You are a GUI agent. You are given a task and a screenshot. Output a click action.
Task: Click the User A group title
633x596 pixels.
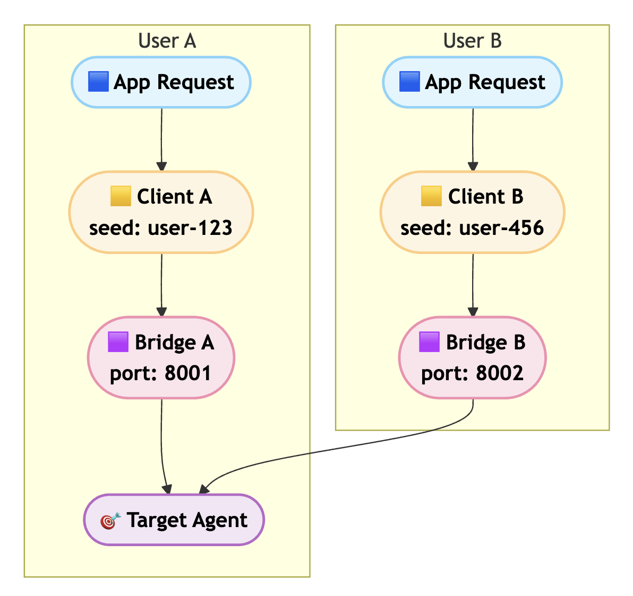click(167, 41)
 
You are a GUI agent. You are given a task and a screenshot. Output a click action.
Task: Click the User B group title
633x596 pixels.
click(472, 41)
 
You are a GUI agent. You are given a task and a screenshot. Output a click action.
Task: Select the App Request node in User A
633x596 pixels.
click(161, 82)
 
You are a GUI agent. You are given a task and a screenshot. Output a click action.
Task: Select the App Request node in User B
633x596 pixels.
click(472, 82)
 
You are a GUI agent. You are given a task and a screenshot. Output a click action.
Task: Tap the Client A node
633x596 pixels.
click(161, 212)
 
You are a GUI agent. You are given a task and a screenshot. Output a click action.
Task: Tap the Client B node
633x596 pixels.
click(472, 212)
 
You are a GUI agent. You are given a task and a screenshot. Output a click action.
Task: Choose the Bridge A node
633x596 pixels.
click(161, 357)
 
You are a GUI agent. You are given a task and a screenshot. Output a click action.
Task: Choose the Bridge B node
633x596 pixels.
click(472, 357)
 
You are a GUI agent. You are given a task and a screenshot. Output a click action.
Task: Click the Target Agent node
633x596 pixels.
click(174, 520)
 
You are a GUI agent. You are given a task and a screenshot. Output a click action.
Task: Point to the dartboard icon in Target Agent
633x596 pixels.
click(110, 521)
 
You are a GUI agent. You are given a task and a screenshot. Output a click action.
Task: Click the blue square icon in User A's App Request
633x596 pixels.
click(98, 82)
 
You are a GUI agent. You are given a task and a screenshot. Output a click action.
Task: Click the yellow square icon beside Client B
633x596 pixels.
click(431, 196)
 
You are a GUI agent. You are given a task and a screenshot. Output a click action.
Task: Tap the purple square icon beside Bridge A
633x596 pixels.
click(118, 342)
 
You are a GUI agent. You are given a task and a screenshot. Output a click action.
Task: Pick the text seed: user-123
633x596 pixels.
click(161, 228)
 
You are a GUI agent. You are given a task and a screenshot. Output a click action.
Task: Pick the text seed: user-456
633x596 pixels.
click(472, 228)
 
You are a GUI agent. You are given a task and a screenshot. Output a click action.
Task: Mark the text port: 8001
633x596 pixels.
click(161, 373)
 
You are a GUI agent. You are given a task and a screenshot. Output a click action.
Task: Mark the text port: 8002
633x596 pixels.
click(472, 373)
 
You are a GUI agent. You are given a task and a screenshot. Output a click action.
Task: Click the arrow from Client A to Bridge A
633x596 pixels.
click(161, 284)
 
